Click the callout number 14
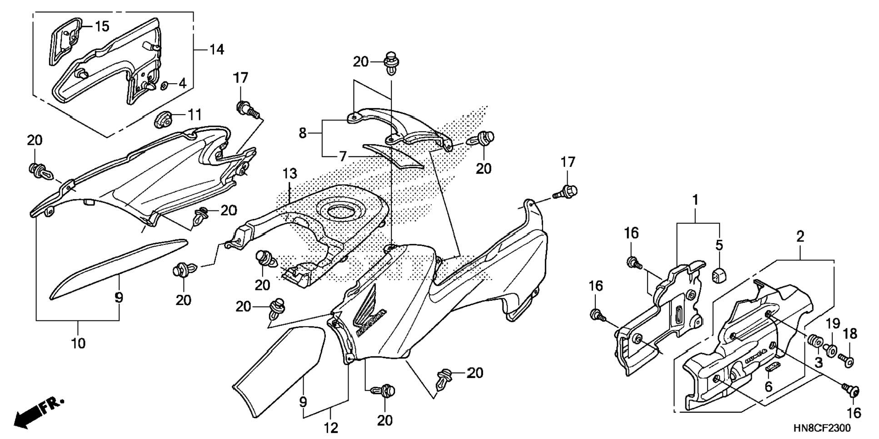(x=217, y=49)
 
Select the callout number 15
(x=102, y=26)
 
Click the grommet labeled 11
(x=163, y=120)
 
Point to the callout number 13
(x=290, y=174)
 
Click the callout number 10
(x=78, y=343)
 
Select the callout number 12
(x=331, y=428)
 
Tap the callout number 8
(x=303, y=133)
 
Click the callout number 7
(x=343, y=157)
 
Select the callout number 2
(x=800, y=236)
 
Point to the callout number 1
(x=695, y=200)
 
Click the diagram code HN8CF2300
(x=822, y=428)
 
